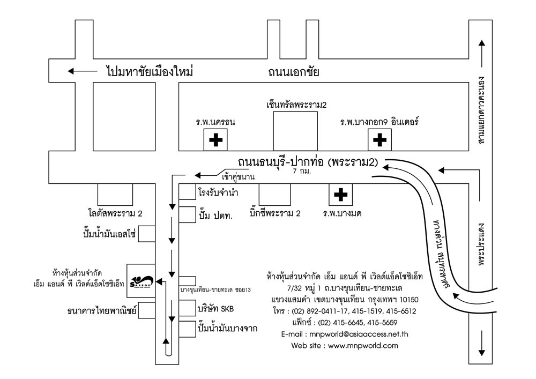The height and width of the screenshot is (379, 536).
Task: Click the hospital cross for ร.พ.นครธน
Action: pyautogui.click(x=215, y=140)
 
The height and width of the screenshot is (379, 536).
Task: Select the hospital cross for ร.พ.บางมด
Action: pyautogui.click(x=340, y=195)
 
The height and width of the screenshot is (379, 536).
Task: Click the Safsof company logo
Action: pyautogui.click(x=142, y=280)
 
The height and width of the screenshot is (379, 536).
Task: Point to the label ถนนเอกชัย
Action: pyautogui.click(x=294, y=71)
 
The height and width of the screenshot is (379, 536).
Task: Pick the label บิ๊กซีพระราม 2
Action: pyautogui.click(x=275, y=213)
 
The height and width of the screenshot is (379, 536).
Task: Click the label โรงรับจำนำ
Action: pyautogui.click(x=218, y=192)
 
